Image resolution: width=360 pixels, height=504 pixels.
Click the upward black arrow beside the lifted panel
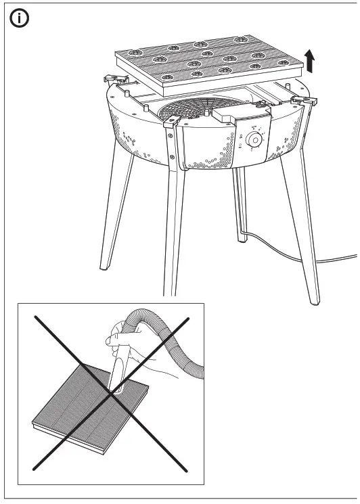coord(309,63)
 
